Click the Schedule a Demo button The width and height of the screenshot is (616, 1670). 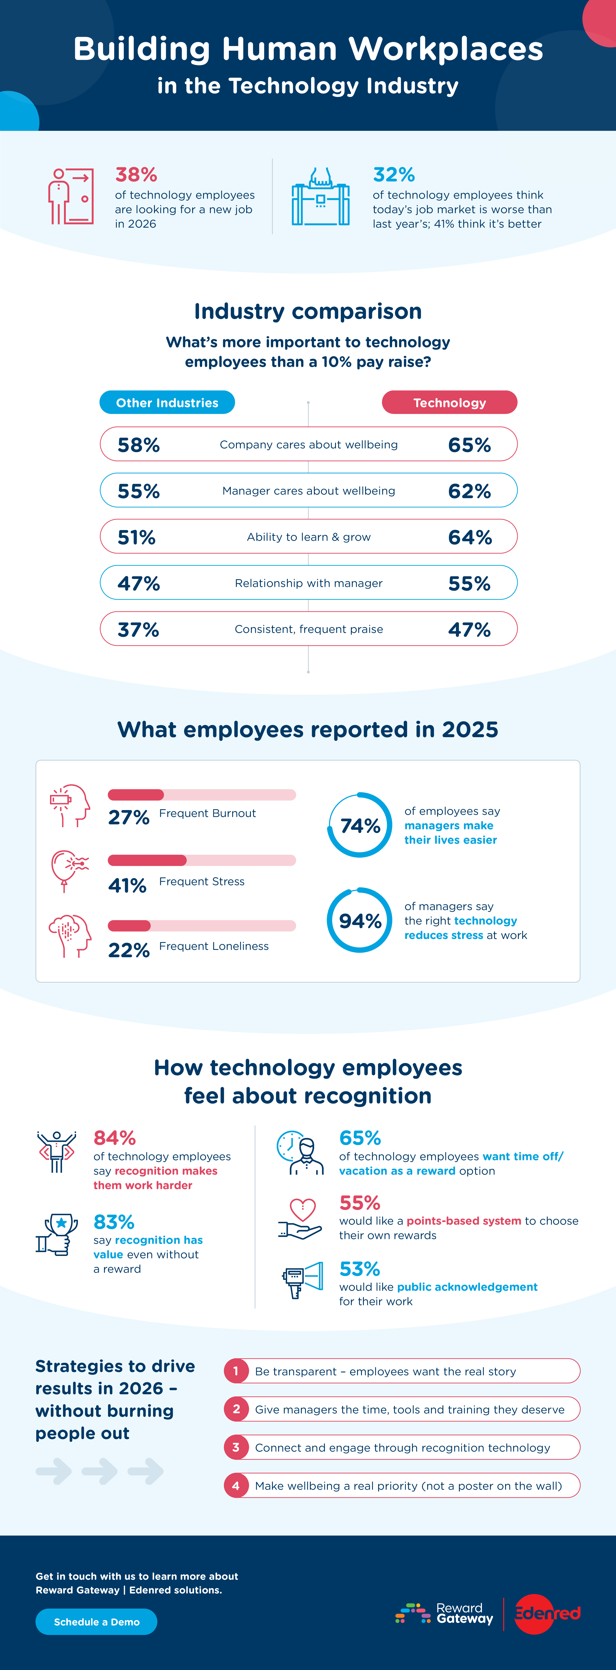coord(96,1621)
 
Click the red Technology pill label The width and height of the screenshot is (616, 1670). coord(449,403)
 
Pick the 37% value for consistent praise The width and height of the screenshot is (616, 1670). coord(138,629)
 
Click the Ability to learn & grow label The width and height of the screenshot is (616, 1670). coord(309,537)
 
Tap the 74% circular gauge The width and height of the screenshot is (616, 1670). coord(360,825)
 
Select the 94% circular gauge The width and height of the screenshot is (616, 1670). coord(360,921)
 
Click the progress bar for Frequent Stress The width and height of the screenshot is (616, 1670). coord(202,860)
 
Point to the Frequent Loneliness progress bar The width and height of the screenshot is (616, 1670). coord(202,926)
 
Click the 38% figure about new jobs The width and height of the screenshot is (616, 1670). coord(136,174)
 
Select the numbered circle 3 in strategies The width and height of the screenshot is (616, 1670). coord(236,1447)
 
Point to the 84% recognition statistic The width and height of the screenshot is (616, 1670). coord(115,1138)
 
